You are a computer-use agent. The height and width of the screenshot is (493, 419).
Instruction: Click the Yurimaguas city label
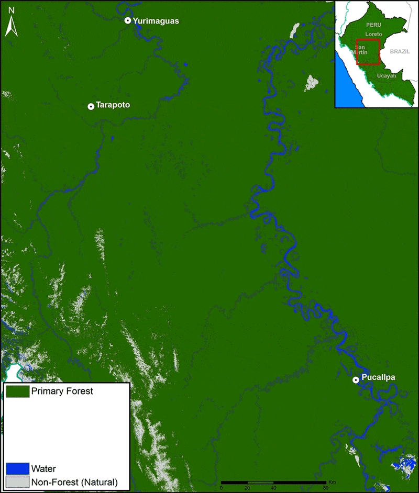pos(156,21)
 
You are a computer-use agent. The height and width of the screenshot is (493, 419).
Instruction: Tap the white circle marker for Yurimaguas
pos(127,20)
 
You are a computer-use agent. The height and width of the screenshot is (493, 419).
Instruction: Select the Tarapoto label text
pos(112,105)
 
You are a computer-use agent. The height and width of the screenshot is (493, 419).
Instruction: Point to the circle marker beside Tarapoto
pos(91,106)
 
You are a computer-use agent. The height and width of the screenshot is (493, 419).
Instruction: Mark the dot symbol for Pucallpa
pos(356,380)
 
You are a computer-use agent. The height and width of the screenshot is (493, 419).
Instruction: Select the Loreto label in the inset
pos(373,33)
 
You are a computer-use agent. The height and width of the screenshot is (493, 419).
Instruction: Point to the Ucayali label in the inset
pos(385,76)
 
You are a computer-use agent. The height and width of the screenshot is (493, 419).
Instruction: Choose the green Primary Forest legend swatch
pos(17,391)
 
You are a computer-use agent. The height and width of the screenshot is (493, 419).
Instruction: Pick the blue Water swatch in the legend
pos(17,468)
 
